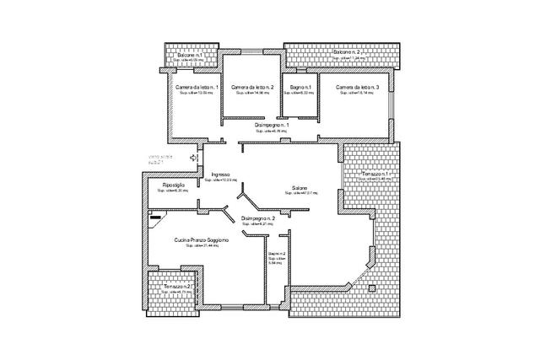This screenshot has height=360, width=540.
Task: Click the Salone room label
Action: point(300,187)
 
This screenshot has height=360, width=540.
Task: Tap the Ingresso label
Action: point(221,175)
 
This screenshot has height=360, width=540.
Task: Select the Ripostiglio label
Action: point(167,185)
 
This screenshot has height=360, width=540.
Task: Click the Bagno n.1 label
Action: point(300,87)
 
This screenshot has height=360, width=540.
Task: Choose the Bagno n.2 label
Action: point(277,254)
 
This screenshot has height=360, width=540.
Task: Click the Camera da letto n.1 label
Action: point(197,87)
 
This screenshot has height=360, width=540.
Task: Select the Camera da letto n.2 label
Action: point(251,87)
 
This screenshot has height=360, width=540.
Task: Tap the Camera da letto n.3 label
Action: point(357,87)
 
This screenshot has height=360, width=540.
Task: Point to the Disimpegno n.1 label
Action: point(272,125)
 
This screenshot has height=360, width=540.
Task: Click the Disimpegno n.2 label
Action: point(258,218)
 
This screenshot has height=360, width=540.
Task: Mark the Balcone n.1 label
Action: point(189,55)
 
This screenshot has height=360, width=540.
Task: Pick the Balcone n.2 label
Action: point(348,52)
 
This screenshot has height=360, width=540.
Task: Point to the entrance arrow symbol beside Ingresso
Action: point(194,157)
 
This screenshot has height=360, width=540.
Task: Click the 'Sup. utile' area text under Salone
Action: point(300,194)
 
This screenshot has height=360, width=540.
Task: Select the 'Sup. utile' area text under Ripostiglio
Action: point(168,191)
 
